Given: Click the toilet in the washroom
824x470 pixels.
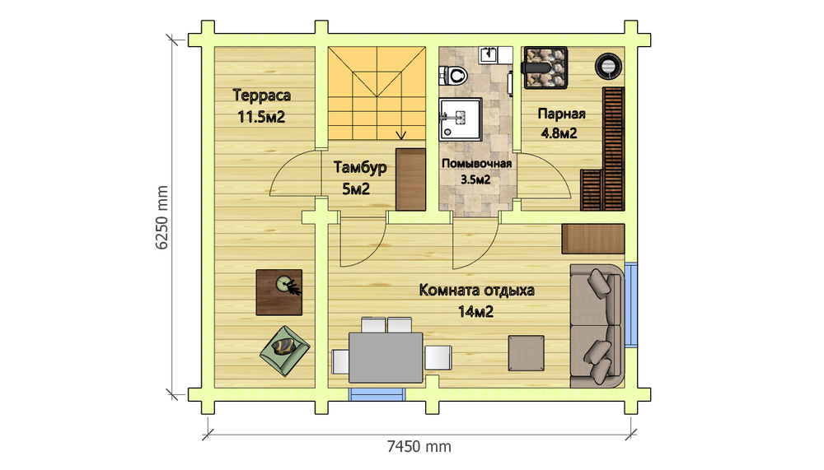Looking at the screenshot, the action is click(453, 76).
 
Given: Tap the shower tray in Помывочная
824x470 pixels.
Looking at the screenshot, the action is click(461, 119).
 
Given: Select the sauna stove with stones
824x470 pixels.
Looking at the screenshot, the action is click(545, 67).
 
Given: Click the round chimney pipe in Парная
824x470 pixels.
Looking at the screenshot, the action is click(608, 66).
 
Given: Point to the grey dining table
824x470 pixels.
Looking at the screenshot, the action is click(386, 357).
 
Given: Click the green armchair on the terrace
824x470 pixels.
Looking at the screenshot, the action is click(285, 351).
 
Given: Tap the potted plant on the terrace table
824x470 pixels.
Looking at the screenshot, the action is click(288, 286).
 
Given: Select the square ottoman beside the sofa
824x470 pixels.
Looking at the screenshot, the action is click(526, 353).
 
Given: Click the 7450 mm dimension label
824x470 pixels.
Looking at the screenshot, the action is click(419, 446).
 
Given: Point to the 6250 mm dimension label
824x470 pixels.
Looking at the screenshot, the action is click(162, 216).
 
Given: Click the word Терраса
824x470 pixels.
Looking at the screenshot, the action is click(261, 95).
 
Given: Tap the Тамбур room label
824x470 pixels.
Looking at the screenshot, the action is click(360, 168).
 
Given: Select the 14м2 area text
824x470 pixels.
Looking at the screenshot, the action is click(475, 312).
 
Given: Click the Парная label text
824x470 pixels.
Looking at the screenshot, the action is click(561, 114).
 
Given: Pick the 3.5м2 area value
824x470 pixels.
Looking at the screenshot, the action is click(475, 179).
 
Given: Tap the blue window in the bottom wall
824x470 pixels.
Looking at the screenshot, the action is click(377, 394).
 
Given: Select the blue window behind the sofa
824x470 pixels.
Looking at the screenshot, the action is click(630, 304).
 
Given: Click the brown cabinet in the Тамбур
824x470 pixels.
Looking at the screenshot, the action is click(410, 179).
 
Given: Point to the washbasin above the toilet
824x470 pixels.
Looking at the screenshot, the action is click(489, 54).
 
